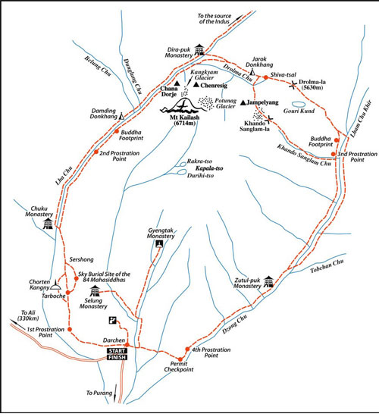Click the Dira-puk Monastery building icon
pyautogui.click(x=199, y=50)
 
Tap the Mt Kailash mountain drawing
pyautogui.click(x=183, y=106)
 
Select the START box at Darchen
pyautogui.click(x=117, y=351)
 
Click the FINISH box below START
pyautogui.click(x=117, y=357)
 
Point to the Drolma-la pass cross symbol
pyautogui.click(x=293, y=85)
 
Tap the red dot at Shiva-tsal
pyautogui.click(x=265, y=77)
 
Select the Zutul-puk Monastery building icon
pyautogui.click(x=268, y=281)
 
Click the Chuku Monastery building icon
pyautogui.click(x=48, y=224)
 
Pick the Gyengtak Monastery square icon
pyautogui.click(x=159, y=243)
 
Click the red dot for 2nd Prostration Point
pyautogui.click(x=96, y=152)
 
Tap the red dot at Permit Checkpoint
pyautogui.click(x=180, y=359)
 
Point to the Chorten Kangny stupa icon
pyautogui.click(x=55, y=285)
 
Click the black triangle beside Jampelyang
pyautogui.click(x=243, y=102)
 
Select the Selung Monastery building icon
pyautogui.click(x=95, y=291)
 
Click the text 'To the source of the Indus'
pyautogui.click(x=215, y=19)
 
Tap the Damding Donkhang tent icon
pyautogui.click(x=121, y=116)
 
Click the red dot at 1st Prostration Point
pyautogui.click(x=70, y=329)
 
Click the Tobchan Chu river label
pyautogui.click(x=327, y=266)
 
